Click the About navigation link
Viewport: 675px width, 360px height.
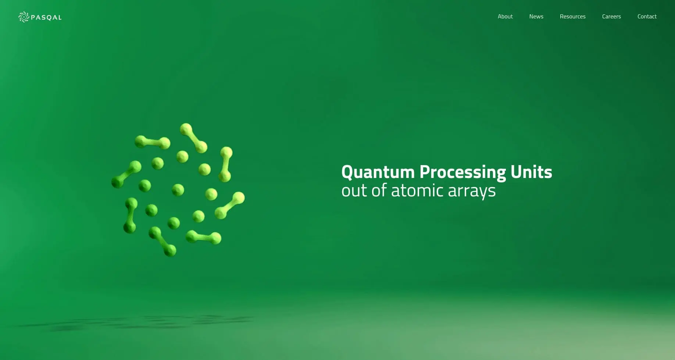click(505, 17)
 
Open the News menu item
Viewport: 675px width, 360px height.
click(536, 17)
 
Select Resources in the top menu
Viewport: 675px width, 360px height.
click(572, 17)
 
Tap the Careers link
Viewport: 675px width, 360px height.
click(611, 17)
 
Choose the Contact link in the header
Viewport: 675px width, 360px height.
click(647, 17)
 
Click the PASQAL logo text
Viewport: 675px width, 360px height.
click(46, 17)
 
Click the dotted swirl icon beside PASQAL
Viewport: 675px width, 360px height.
click(24, 17)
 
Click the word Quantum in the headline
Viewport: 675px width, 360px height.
click(378, 172)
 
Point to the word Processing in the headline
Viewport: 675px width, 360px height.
click(463, 172)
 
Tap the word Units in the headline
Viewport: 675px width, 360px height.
click(531, 172)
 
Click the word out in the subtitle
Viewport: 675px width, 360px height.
click(354, 191)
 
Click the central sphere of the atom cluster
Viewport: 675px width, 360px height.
click(178, 190)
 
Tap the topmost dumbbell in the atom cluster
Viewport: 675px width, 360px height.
click(193, 138)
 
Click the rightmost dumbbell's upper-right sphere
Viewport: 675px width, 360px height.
click(239, 198)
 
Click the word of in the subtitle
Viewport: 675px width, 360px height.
click(379, 190)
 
